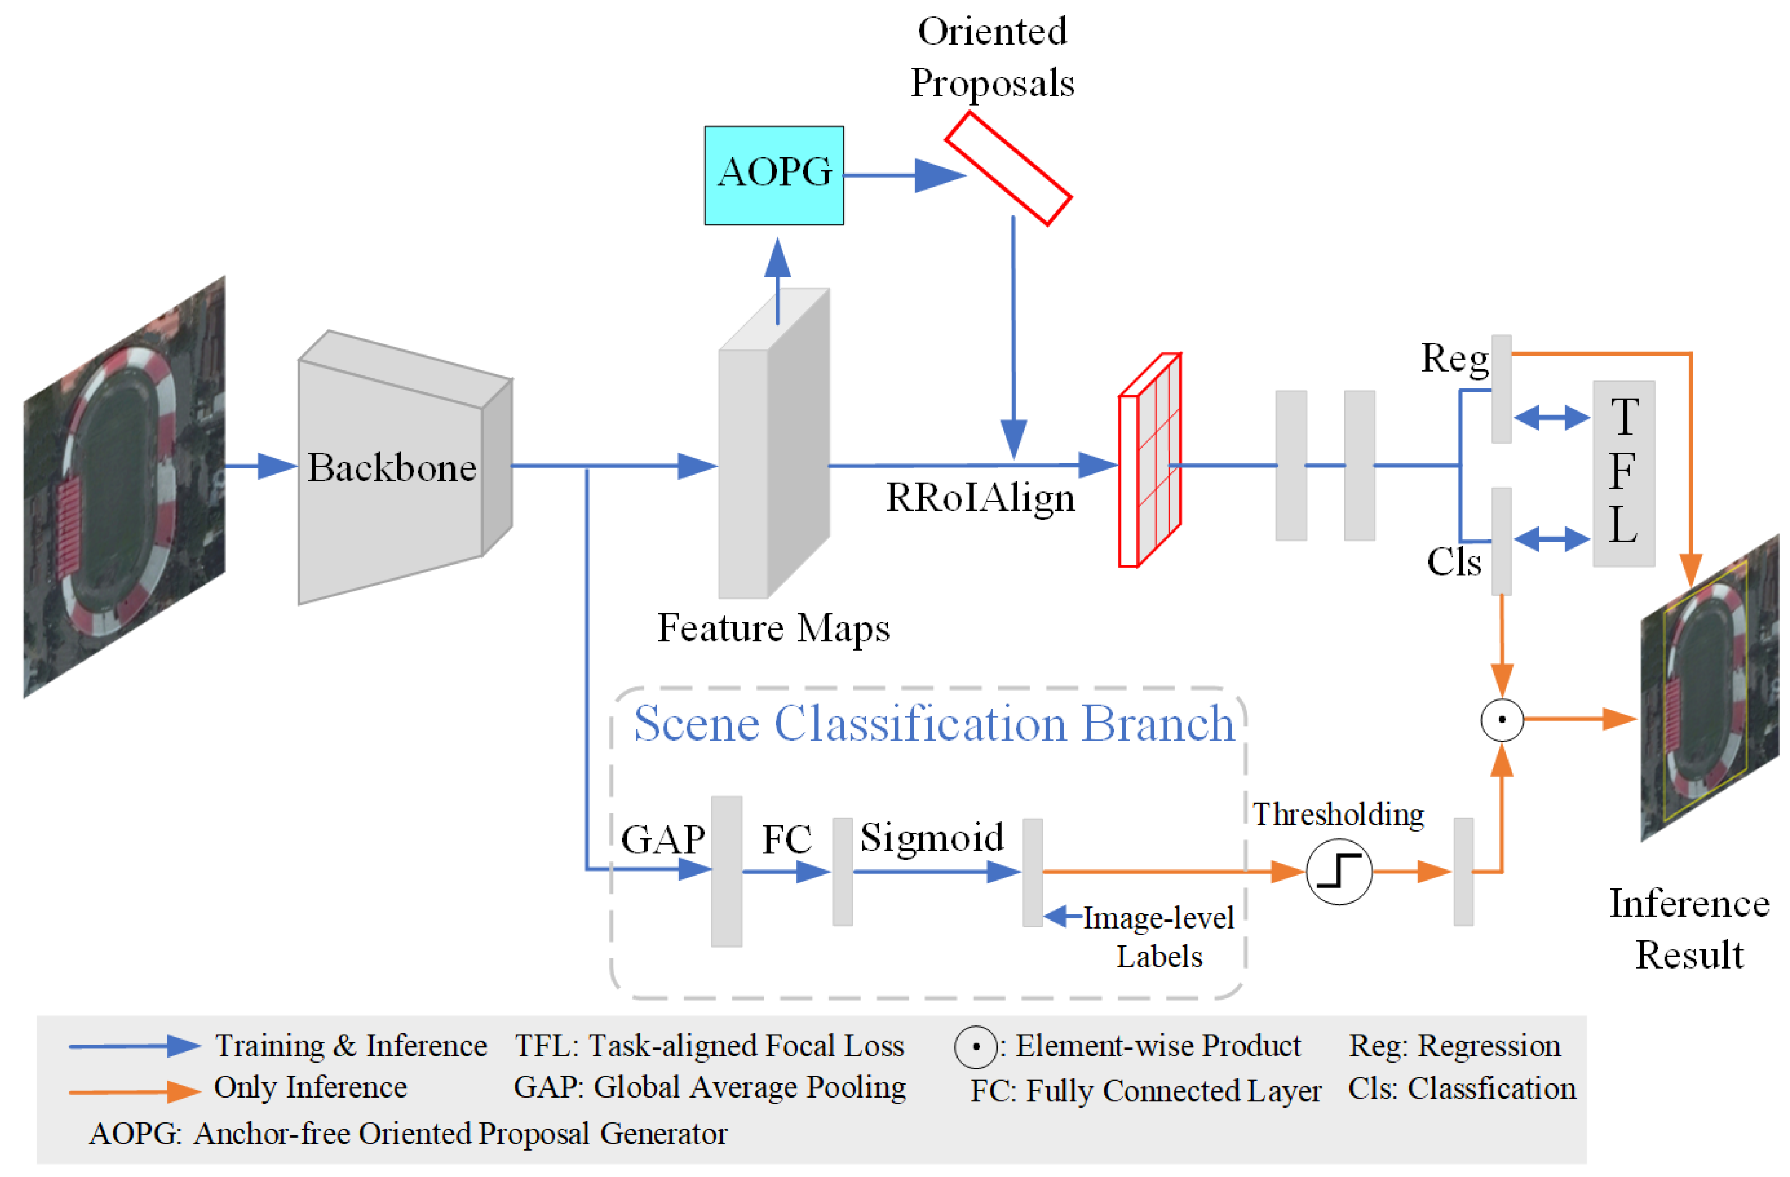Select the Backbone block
pyautogui.click(x=391, y=468)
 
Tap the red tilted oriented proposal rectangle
pyautogui.click(x=1008, y=168)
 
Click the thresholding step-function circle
pyautogui.click(x=1339, y=872)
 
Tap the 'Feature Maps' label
pyautogui.click(x=773, y=628)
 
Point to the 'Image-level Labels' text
pyautogui.click(x=1158, y=937)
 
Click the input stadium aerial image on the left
pyautogui.click(x=124, y=487)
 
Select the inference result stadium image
pyautogui.click(x=1709, y=688)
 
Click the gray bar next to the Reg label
pyautogui.click(x=1501, y=389)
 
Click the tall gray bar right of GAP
pyautogui.click(x=727, y=871)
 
